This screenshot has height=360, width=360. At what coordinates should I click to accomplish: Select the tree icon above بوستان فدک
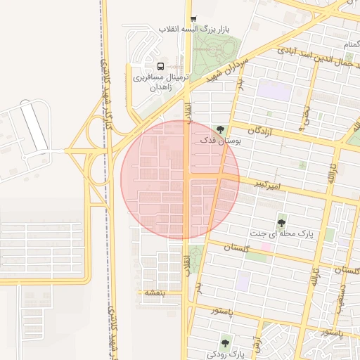pyautogui.click(x=221, y=129)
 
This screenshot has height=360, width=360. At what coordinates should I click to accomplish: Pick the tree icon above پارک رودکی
pyautogui.click(x=225, y=343)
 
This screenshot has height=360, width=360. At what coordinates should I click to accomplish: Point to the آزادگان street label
pyautogui.click(x=260, y=130)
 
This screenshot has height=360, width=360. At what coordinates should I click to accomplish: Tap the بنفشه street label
pyautogui.click(x=154, y=292)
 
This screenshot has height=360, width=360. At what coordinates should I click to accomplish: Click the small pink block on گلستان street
pyautogui.click(x=266, y=247)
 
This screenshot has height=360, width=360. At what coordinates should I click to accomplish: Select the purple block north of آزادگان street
pyautogui.click(x=274, y=91)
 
